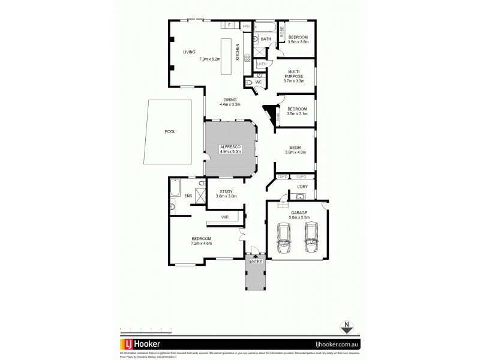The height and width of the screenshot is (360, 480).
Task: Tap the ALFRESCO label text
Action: pos(231,146)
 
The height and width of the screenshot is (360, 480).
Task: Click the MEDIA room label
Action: pos(295,147)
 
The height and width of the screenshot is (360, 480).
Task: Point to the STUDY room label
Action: pos(226,191)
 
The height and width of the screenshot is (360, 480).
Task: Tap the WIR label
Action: pos(224,217)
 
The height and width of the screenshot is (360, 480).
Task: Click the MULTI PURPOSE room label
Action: pos(293,73)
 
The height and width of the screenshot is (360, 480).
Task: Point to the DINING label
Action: pos(230,100)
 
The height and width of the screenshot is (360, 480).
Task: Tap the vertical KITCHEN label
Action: pos(238,52)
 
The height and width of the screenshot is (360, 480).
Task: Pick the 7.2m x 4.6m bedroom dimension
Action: pos(201,244)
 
